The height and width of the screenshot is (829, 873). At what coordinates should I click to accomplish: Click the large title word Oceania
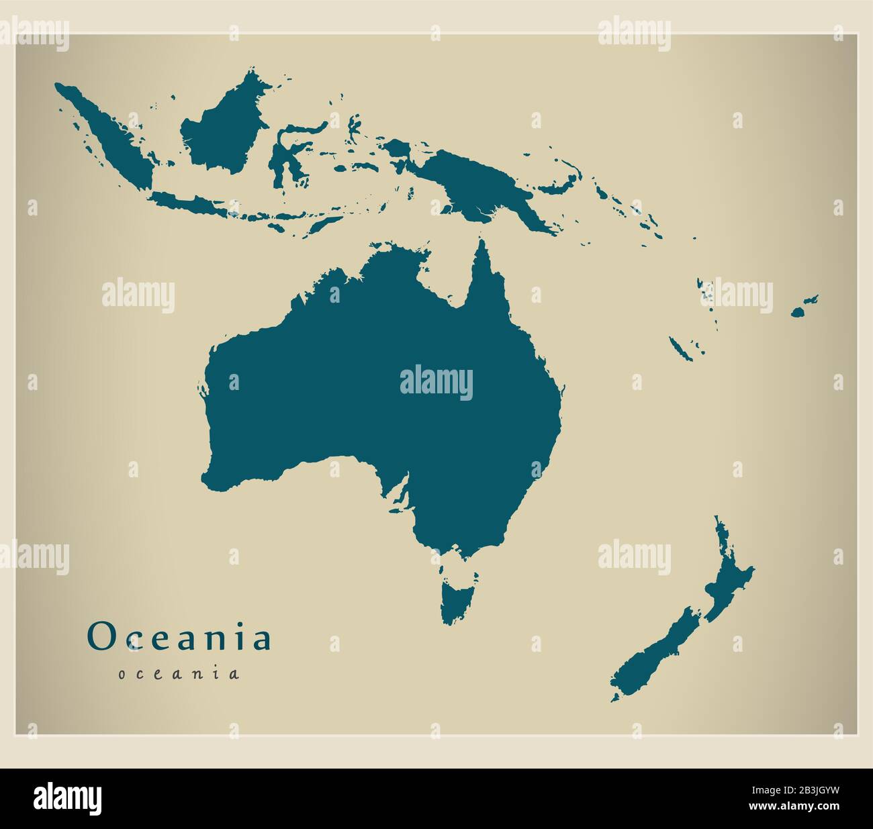click(179, 637)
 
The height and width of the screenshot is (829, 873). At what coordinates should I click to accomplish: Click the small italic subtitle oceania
click(179, 673)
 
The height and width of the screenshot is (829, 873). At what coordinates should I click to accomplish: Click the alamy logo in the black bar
click(68, 798)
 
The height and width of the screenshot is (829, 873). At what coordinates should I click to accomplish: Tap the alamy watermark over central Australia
click(436, 383)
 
